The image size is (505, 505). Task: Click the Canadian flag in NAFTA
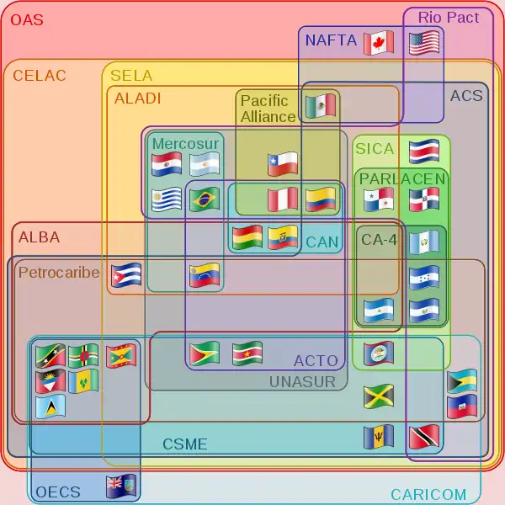point(378,42)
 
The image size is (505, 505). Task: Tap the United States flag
point(424,42)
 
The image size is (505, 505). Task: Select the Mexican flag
point(320,106)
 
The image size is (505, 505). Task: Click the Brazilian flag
point(204,199)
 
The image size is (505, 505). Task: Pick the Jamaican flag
point(378,396)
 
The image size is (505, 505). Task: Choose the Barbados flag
point(378,437)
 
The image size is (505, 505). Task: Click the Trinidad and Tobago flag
point(423,437)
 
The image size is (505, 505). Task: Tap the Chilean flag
point(283,163)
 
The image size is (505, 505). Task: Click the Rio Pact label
point(449,17)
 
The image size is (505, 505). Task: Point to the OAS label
point(27,20)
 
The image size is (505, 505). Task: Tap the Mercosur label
point(185,144)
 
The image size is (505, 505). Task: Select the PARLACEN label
point(401,178)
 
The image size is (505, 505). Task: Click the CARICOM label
point(428,494)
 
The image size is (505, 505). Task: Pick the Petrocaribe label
point(59,273)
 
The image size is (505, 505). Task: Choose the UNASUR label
point(302,382)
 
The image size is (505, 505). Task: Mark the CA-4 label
point(379,240)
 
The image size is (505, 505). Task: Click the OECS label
point(58,492)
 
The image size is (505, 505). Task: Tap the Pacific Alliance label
point(268,109)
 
